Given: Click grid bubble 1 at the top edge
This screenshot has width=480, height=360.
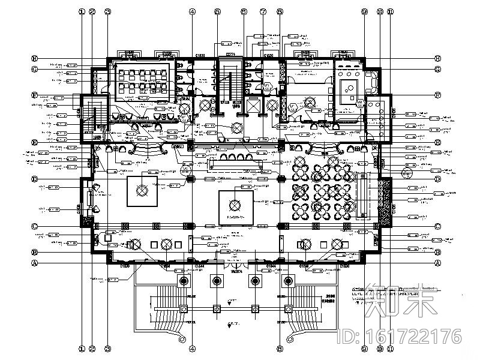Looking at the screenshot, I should pyautogui.click(x=82, y=11).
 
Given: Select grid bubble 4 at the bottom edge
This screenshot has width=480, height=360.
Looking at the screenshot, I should pyautogui.click(x=193, y=348).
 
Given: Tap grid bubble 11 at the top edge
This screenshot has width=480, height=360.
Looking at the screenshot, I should pyautogui.click(x=390, y=11).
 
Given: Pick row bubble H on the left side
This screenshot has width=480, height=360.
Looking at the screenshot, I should pyautogui.click(x=35, y=59).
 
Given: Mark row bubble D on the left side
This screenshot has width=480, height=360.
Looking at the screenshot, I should pyautogui.click(x=35, y=179).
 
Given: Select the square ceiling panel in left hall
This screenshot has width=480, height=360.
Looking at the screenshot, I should pyautogui.click(x=142, y=191).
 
